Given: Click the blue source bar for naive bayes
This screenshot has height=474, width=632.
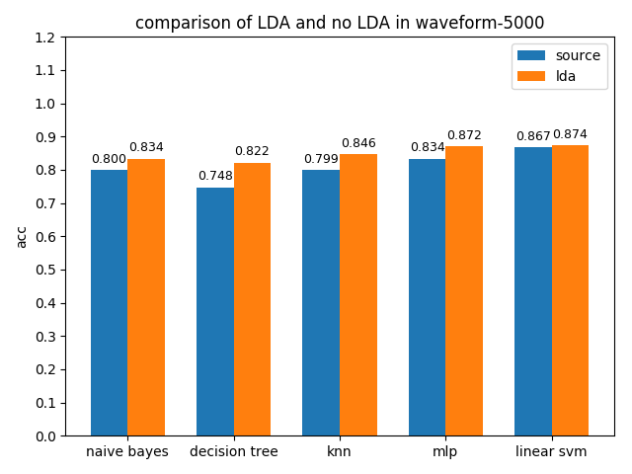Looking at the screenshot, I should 109,302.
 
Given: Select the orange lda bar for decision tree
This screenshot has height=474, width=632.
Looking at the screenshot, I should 252,299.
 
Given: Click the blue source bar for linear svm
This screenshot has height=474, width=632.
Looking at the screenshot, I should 533,291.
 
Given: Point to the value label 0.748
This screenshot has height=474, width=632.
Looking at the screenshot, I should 215,177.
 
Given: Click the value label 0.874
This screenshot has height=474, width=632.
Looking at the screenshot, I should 570,134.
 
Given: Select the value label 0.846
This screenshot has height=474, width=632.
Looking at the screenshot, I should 358,143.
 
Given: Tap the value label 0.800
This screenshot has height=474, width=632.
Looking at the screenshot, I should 109,159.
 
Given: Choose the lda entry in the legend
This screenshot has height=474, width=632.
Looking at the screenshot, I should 566,76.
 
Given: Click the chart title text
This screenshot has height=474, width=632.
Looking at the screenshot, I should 340,23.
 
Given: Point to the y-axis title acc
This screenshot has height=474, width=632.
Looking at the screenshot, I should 22,236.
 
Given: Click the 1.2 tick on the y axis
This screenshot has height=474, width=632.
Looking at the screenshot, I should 44,38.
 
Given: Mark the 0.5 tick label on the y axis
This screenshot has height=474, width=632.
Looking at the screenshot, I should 44,270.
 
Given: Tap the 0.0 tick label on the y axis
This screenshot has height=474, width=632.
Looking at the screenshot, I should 44,435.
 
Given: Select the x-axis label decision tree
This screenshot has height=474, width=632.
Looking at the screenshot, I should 234,452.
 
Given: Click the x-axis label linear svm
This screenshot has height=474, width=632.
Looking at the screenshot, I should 551,452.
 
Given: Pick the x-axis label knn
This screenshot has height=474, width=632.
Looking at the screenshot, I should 340,452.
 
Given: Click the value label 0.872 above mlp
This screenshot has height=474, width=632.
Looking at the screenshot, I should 464,135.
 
